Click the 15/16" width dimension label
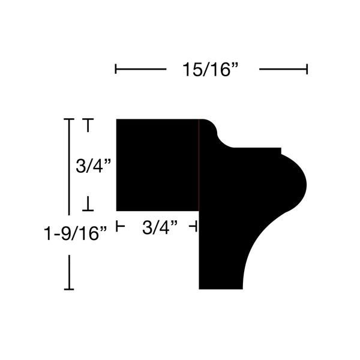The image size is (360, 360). coord(211,70)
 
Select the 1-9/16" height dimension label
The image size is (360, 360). coord(76,233)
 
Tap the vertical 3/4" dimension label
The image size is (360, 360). coord(94,166)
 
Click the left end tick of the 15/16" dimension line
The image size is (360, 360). coord(116,69)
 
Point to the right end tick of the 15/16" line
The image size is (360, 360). coord(307,69)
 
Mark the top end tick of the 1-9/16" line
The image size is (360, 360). coord(69,119)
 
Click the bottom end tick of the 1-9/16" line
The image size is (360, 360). coord(69,289)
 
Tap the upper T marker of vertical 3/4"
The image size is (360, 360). coord(88,125)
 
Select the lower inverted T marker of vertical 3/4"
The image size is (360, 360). coord(88,203)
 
